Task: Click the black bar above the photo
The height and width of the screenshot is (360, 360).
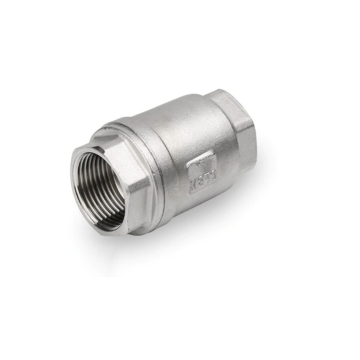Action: point(180,14)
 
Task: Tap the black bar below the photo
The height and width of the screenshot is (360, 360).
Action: point(180,345)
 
